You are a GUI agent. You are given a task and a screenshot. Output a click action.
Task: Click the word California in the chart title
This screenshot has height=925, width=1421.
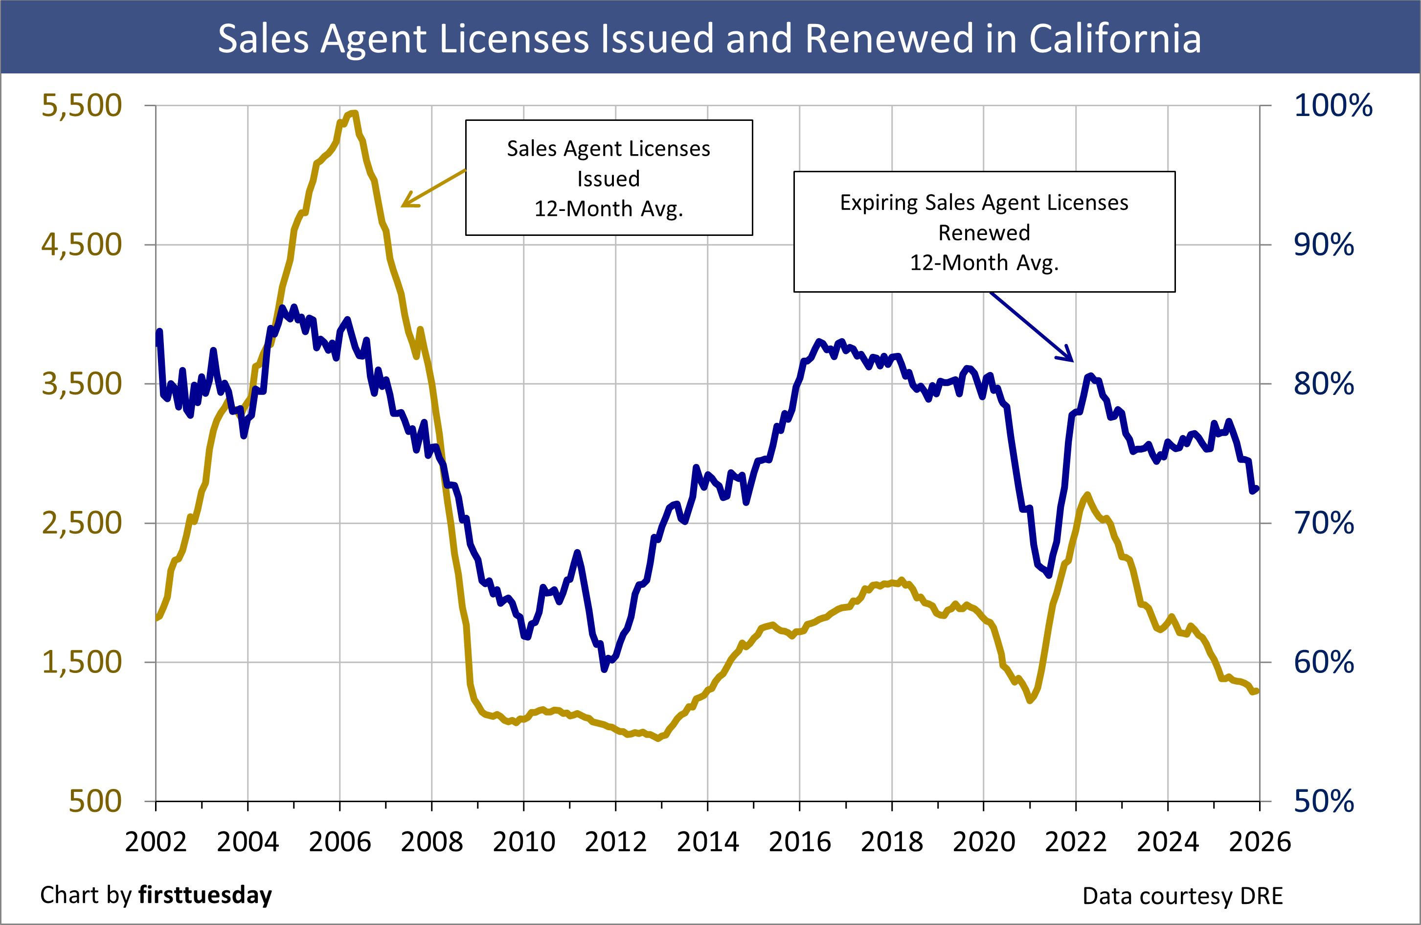pos(1115,39)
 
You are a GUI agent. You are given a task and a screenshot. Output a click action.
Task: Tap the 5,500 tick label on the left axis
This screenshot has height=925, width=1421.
pos(82,106)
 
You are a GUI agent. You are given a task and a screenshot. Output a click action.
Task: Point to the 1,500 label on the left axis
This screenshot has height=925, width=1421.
pos(82,662)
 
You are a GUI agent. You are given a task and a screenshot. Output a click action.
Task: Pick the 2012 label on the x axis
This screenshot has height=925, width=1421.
pos(615,842)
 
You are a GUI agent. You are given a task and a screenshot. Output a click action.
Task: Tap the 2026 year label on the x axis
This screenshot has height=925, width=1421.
pos(1260,842)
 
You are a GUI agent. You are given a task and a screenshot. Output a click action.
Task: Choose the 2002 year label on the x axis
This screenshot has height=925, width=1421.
pos(156,842)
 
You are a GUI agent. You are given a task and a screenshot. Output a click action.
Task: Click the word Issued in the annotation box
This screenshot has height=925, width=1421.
pos(609,179)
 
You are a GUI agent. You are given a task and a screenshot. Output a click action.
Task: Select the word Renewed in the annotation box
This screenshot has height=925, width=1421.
pos(984,232)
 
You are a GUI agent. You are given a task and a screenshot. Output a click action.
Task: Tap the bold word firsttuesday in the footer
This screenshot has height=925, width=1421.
pos(205,895)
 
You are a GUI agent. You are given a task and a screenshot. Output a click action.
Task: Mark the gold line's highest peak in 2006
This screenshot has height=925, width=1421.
pos(354,113)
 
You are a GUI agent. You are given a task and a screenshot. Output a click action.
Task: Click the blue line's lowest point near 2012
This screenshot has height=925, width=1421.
pos(604,669)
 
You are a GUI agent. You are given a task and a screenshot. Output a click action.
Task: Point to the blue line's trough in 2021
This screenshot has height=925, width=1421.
pos(1049,575)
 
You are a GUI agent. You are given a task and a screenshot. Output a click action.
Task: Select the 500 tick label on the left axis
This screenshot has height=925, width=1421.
pos(95,801)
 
